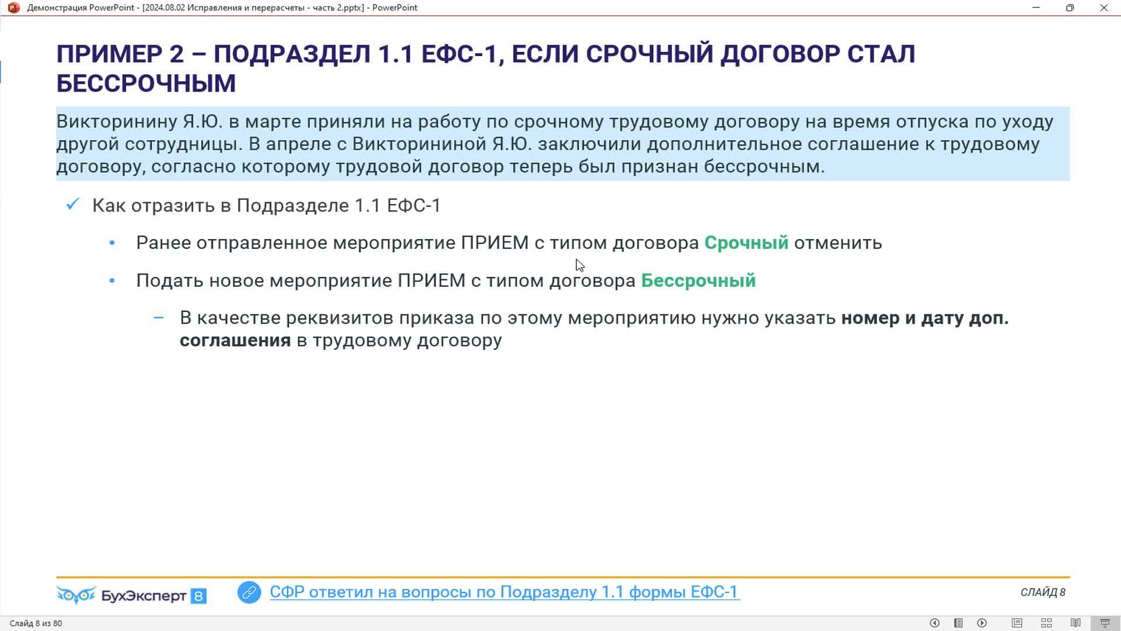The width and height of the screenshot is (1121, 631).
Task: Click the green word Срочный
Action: [746, 242]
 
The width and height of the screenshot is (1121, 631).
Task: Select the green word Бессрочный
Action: [698, 280]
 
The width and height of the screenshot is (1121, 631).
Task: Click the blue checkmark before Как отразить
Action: [72, 204]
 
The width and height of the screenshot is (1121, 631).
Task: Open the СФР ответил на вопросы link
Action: [504, 592]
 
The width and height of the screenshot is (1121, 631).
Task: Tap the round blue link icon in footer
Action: [249, 592]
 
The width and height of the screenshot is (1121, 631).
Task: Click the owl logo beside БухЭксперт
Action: [76, 595]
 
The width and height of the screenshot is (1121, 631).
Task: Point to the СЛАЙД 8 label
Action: [1043, 592]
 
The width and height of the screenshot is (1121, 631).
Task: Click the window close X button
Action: [1104, 8]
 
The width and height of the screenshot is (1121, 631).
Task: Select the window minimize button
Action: [1036, 8]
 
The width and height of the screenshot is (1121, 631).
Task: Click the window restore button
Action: [1070, 8]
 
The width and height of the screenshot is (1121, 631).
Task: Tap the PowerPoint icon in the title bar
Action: [13, 8]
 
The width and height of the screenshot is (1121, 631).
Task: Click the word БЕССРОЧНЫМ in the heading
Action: [146, 84]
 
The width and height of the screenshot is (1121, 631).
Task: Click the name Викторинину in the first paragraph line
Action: [117, 122]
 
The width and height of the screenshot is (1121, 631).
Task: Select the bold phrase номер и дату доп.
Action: [925, 318]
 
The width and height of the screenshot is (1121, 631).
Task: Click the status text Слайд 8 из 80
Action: [36, 623]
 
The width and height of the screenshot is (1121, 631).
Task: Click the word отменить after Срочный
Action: [838, 242]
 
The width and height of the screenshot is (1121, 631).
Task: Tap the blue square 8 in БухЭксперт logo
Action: [199, 596]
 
